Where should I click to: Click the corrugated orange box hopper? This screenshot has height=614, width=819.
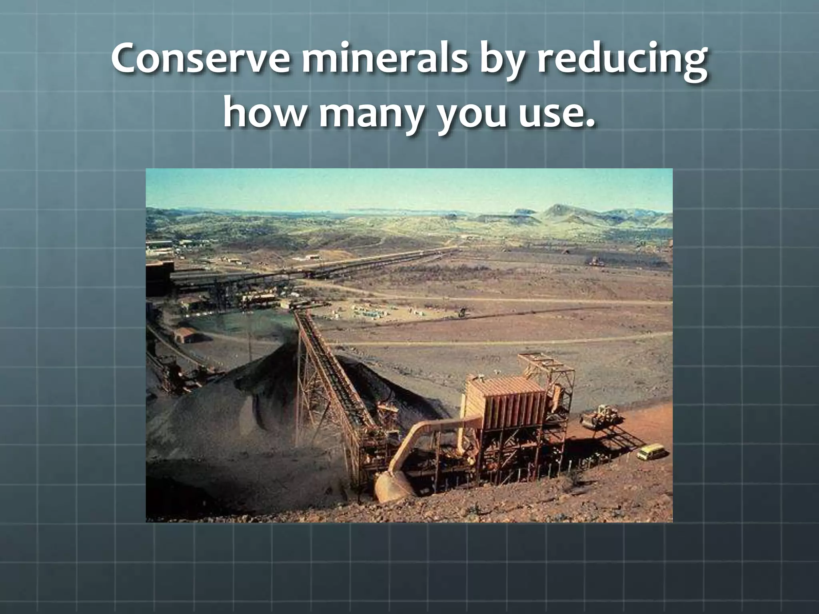pos(506,398)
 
